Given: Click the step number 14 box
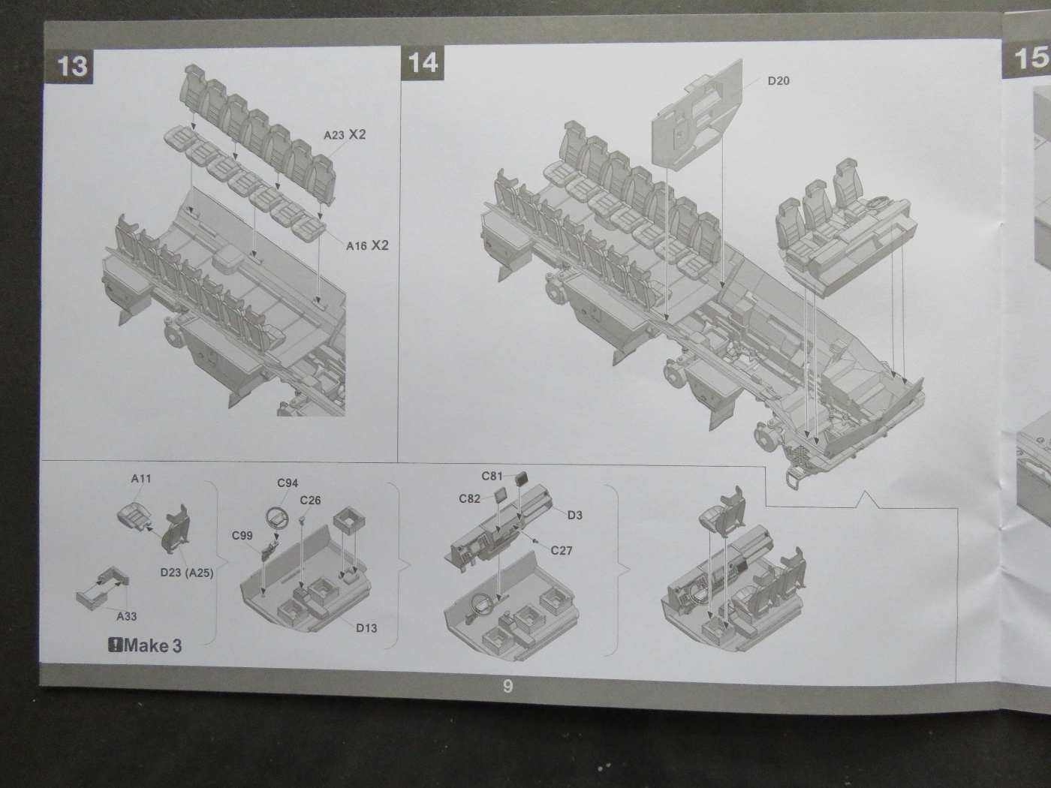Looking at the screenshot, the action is coord(423,62).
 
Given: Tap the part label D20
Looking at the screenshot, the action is coord(778,81).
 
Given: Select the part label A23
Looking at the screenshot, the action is coord(334,135).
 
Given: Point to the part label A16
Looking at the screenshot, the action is coord(357,245).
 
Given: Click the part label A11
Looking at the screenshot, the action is coord(141,478).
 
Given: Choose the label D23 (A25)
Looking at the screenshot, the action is coord(187,573).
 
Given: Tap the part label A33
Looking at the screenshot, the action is coord(127,616).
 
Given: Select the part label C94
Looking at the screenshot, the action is coord(288,483).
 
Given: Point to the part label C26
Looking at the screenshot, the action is coord(310,500).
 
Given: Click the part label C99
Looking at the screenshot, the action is coord(242,535).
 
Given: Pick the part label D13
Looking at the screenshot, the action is coord(366,627).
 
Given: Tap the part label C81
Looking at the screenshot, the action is coord(492,476).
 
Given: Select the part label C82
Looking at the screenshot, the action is coord(470,498).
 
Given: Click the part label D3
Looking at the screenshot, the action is coord(575,515).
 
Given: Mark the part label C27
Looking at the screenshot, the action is coord(562,550).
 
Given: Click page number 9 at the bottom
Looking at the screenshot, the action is coord(508,686).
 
